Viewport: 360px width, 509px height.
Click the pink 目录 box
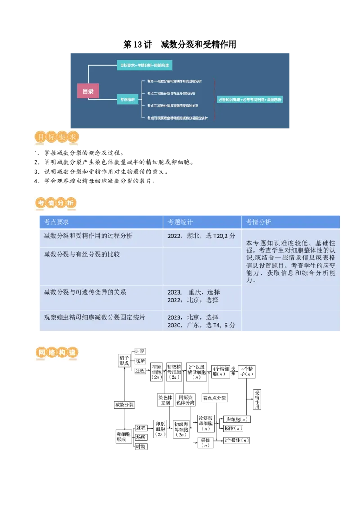point(88,91)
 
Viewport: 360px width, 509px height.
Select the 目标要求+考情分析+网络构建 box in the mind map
point(144,66)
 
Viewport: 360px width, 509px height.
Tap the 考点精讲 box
point(127,99)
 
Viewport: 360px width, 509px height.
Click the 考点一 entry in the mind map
point(175,81)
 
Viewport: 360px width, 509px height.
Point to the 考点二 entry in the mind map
point(171,94)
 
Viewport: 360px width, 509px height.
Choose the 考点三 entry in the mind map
point(173,106)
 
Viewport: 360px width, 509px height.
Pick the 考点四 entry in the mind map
point(177,118)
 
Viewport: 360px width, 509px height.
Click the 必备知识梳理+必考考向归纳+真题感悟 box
point(250,99)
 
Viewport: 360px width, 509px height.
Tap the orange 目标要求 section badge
point(58,138)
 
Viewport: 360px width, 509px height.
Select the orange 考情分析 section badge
point(56,203)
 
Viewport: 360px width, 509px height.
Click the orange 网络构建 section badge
point(57,353)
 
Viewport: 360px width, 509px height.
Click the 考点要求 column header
point(56,222)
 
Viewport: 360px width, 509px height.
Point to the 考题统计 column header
point(180,222)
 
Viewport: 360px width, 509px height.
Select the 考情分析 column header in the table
point(259,222)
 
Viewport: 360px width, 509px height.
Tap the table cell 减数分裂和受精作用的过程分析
point(88,236)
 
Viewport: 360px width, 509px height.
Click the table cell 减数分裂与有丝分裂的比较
point(82,254)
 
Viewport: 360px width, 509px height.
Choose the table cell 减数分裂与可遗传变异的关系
point(85,292)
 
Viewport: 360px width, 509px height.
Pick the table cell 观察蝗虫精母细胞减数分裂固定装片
point(94,317)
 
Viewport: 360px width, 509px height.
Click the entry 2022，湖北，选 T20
point(201,236)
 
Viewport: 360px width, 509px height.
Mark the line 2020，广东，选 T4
point(201,325)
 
